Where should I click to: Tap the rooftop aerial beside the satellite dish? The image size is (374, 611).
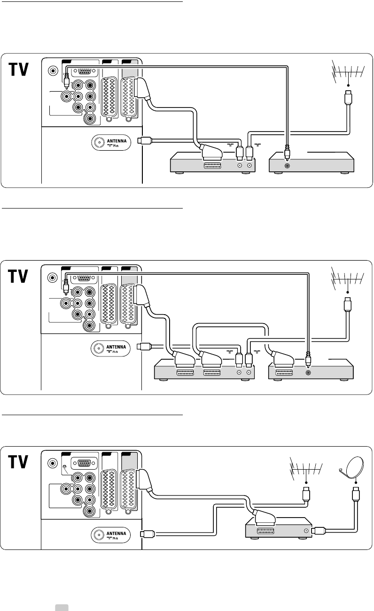coord(305,470)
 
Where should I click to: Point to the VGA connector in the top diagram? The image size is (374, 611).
coord(84,72)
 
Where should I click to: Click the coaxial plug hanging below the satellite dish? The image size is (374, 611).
coord(356,495)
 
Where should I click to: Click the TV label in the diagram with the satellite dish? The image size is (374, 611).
coord(19,462)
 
